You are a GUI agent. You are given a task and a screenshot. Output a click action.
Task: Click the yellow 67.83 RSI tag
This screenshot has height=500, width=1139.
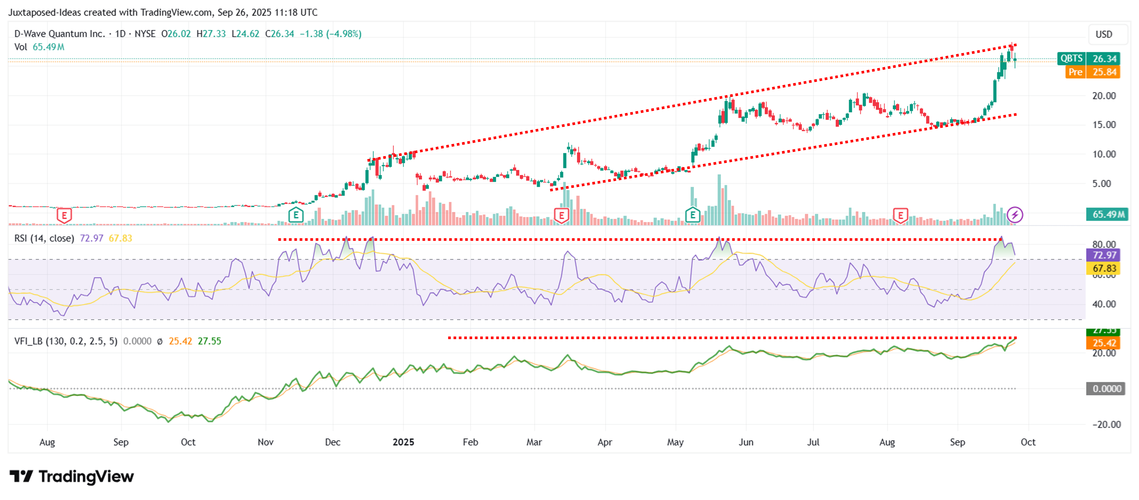click(1104, 268)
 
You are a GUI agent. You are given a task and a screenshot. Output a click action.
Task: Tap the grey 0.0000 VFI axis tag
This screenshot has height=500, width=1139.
click(1106, 389)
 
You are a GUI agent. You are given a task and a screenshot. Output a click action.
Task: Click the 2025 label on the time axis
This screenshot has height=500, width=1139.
click(403, 442)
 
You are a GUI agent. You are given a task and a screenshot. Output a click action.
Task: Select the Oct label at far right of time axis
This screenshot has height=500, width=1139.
click(1028, 442)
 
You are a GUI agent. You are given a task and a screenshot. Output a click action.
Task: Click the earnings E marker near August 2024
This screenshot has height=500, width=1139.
click(64, 215)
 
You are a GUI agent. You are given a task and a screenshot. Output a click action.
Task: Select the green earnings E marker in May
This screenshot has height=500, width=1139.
click(692, 215)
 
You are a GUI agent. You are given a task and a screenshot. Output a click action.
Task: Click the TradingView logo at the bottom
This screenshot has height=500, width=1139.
click(72, 476)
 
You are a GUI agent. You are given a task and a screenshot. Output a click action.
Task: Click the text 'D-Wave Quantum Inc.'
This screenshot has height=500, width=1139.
click(59, 34)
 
